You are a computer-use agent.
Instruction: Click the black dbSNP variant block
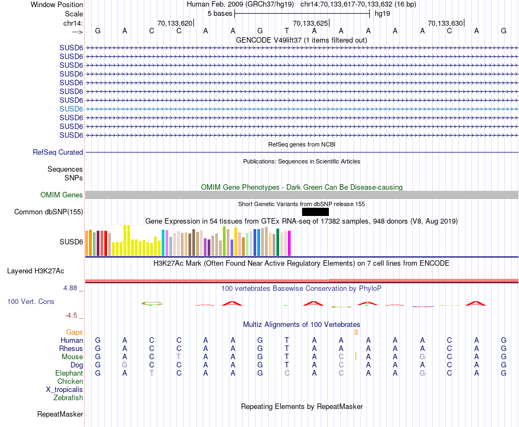315,212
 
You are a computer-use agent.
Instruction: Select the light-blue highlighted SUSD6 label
71,109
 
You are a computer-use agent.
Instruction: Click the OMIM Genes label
62,195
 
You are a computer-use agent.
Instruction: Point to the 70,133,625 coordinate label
310,24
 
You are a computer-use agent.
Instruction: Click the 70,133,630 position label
445,24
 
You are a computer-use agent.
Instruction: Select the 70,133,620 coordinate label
175,24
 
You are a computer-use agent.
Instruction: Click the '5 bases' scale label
220,13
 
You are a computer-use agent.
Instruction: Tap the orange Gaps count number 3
356,332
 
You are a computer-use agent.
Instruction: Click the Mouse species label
72,357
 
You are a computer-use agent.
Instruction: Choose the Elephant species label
69,373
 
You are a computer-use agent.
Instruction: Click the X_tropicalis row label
64,390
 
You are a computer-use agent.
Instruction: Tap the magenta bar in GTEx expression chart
289,243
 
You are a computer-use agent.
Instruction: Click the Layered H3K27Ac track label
36,271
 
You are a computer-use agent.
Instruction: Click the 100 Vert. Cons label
31,301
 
